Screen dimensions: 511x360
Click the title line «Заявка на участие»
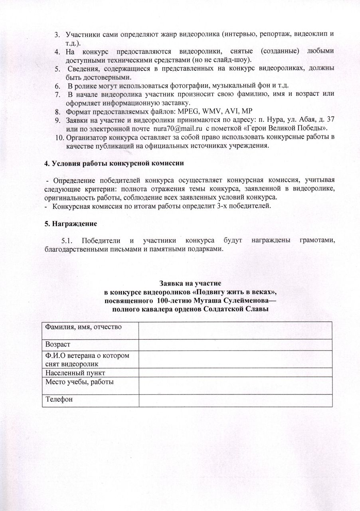coord(188,283)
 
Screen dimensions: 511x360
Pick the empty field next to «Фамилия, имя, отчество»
coord(235,330)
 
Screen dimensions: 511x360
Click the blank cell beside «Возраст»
coord(235,345)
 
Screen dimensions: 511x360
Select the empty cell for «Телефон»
coord(235,400)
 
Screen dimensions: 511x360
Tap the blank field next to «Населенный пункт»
coord(235,372)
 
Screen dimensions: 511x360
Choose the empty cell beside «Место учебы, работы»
coord(235,385)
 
